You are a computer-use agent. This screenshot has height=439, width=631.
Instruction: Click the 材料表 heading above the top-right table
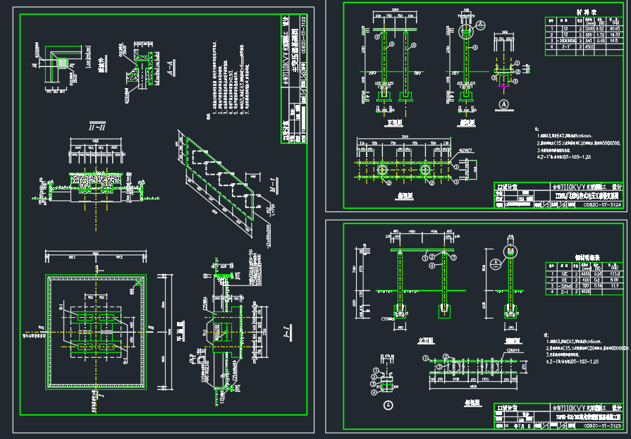pyautogui.click(x=587, y=12)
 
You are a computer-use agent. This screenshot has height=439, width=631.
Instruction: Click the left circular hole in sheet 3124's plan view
pyautogui.click(x=381, y=171)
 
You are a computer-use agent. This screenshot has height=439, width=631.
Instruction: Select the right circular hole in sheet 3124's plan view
pyautogui.click(x=425, y=171)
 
